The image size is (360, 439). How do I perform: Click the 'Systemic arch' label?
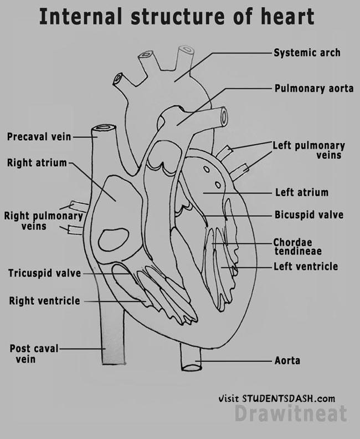coord(307,53)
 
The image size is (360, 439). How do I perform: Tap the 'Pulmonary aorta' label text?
coord(313,88)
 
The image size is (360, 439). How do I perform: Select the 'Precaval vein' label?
coord(39,136)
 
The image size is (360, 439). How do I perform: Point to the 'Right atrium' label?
coord(37,163)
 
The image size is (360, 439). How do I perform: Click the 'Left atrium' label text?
coord(301,193)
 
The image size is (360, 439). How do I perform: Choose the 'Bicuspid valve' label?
coord(308,215)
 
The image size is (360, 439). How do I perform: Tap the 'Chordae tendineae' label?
coord(297,247)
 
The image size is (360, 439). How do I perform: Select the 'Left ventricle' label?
coord(305,267)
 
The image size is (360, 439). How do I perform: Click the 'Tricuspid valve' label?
coord(44,273)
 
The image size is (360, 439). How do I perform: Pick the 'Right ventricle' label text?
coord(44,301)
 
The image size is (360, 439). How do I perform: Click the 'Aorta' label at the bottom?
coord(287,361)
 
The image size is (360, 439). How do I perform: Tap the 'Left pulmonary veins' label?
coord(308,150)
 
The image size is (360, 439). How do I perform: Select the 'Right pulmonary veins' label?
coord(43,221)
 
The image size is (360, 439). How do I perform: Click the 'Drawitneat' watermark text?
coord(290,414)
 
